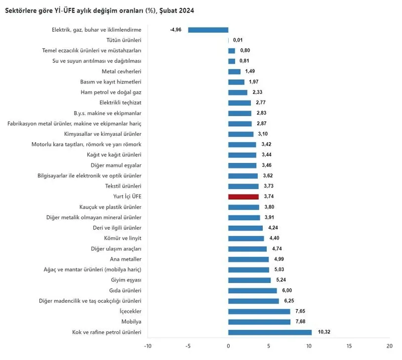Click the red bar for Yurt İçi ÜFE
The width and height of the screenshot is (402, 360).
(243, 197)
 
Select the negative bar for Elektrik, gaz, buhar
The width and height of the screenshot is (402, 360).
(208, 30)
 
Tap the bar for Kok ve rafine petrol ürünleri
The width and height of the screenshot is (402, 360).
(270, 332)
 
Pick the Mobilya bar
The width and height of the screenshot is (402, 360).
(259, 322)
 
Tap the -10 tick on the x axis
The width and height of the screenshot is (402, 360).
(148, 346)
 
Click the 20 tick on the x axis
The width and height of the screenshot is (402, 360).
(389, 346)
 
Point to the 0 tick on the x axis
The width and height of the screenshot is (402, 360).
(228, 346)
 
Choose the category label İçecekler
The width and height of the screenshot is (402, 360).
(128, 311)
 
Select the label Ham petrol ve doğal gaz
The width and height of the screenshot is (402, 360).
(111, 92)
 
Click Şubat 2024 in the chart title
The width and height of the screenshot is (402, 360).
(177, 10)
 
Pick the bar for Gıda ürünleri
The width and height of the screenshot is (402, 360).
(252, 291)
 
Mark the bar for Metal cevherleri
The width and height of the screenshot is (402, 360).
(234, 71)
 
